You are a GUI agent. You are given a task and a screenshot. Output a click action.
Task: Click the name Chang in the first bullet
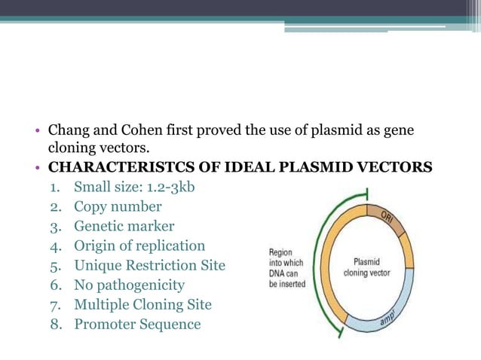69,131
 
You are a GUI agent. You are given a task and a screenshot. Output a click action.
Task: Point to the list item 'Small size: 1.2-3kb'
134,186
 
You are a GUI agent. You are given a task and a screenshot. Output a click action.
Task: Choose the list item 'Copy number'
118,206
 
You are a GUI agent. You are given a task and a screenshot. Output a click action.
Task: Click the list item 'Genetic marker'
124,226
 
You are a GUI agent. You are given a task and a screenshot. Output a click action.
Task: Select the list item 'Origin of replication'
139,246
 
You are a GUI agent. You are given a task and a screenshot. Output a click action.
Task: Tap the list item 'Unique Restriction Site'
149,265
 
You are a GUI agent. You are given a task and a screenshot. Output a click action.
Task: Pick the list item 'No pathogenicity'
129,285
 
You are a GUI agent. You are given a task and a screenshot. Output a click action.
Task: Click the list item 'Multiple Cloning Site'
142,305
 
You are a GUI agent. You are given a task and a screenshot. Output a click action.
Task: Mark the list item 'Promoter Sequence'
137,325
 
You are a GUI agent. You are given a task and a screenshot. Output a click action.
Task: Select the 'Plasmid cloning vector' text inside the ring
366,267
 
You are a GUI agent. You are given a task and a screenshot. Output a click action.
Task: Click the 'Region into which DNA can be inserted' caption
286,268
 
